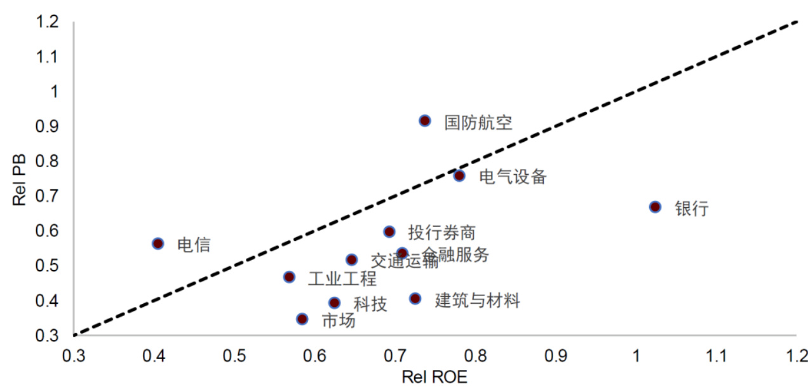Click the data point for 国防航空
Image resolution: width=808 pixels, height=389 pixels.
(x=425, y=121)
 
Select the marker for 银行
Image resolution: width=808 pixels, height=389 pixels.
(x=655, y=207)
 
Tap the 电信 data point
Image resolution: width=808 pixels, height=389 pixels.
(x=158, y=243)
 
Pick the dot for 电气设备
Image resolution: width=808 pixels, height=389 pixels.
(x=459, y=175)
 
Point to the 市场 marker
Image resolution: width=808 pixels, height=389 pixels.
(x=302, y=318)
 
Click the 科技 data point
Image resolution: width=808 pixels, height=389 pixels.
(x=334, y=303)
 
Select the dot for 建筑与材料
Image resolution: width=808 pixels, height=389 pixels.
(x=415, y=298)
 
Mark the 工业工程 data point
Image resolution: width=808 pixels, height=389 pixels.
(x=289, y=276)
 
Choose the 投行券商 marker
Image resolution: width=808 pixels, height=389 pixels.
(x=389, y=231)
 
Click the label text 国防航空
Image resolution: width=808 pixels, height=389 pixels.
(x=478, y=122)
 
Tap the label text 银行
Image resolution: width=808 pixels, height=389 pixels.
(x=691, y=208)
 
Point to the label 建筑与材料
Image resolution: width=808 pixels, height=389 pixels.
(x=477, y=300)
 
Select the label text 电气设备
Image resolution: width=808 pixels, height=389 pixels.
(x=513, y=177)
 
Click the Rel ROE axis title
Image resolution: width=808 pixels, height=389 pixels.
(x=434, y=378)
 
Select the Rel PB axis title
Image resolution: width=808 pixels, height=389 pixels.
(x=18, y=179)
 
